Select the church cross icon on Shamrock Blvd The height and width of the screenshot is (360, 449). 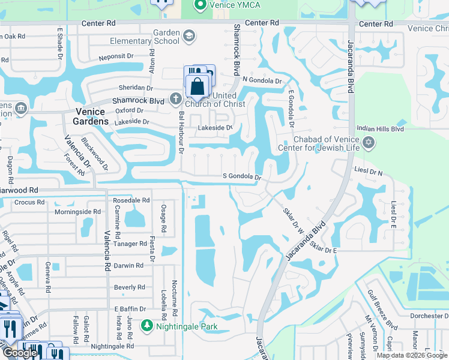pos(175,98)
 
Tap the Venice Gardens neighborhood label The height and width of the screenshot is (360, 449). pos(92,116)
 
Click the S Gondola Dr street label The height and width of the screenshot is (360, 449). pos(243,177)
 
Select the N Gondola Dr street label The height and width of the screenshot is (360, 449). pos(262,80)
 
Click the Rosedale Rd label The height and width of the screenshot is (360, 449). pos(131,200)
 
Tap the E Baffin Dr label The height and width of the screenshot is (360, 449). pos(130,308)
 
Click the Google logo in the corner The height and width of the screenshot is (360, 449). pos(20,353)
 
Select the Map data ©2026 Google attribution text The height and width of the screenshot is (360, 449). pos(412,355)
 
